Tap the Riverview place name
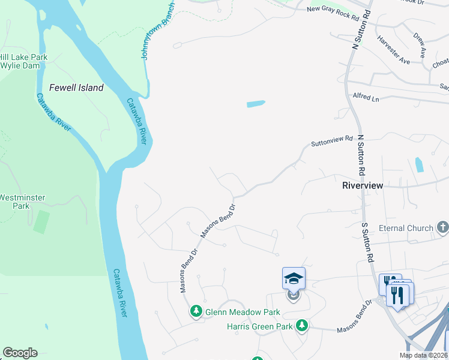pos(362,185)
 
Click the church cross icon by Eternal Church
pos(442,227)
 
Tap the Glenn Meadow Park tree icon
pos(196,311)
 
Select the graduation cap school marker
pos(294,278)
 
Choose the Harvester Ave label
pos(393,50)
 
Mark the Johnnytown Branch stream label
pos(157,29)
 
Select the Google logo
pos(20,353)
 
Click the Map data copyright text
pos(423,355)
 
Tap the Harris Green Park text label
pos(260,326)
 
